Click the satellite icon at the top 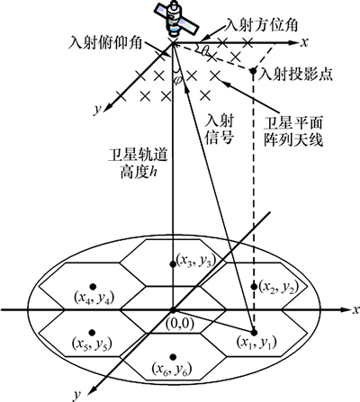176,17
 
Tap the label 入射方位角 261,25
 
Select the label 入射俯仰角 105,43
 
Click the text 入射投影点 297,74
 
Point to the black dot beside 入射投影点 253,71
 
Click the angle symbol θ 205,51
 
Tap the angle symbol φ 178,79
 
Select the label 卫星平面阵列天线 293,131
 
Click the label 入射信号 220,130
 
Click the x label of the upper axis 304,42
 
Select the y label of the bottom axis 77,396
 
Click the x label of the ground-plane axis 356,309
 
